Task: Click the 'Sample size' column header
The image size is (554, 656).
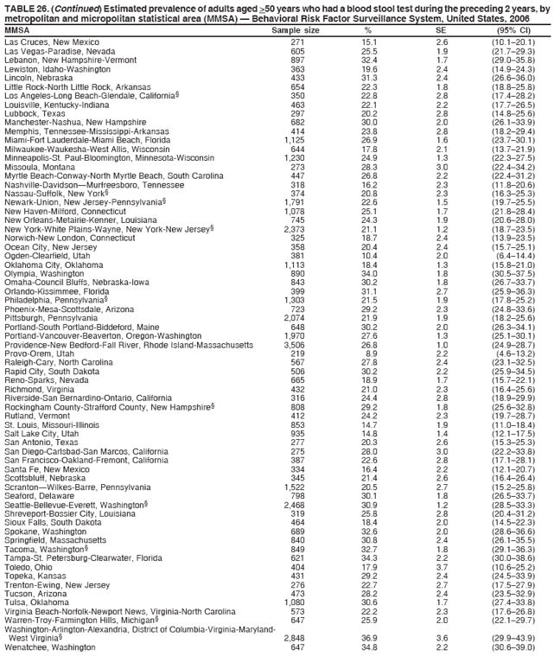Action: (296, 29)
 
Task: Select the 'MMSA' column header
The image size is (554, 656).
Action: (16, 29)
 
